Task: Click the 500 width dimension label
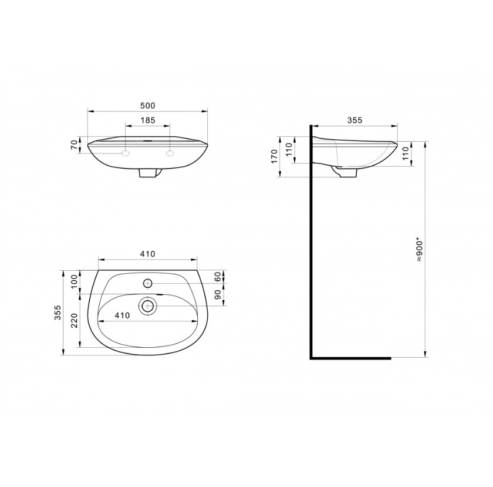pyautogui.click(x=147, y=106)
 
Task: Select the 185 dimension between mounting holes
pyautogui.click(x=147, y=120)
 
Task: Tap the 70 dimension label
pyautogui.click(x=74, y=145)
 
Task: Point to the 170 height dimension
pyautogui.click(x=274, y=156)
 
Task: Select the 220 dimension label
pyautogui.click(x=74, y=321)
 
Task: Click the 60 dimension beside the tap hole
pyautogui.click(x=218, y=277)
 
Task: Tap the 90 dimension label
pyautogui.click(x=218, y=294)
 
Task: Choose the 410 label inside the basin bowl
pyautogui.click(x=122, y=315)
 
